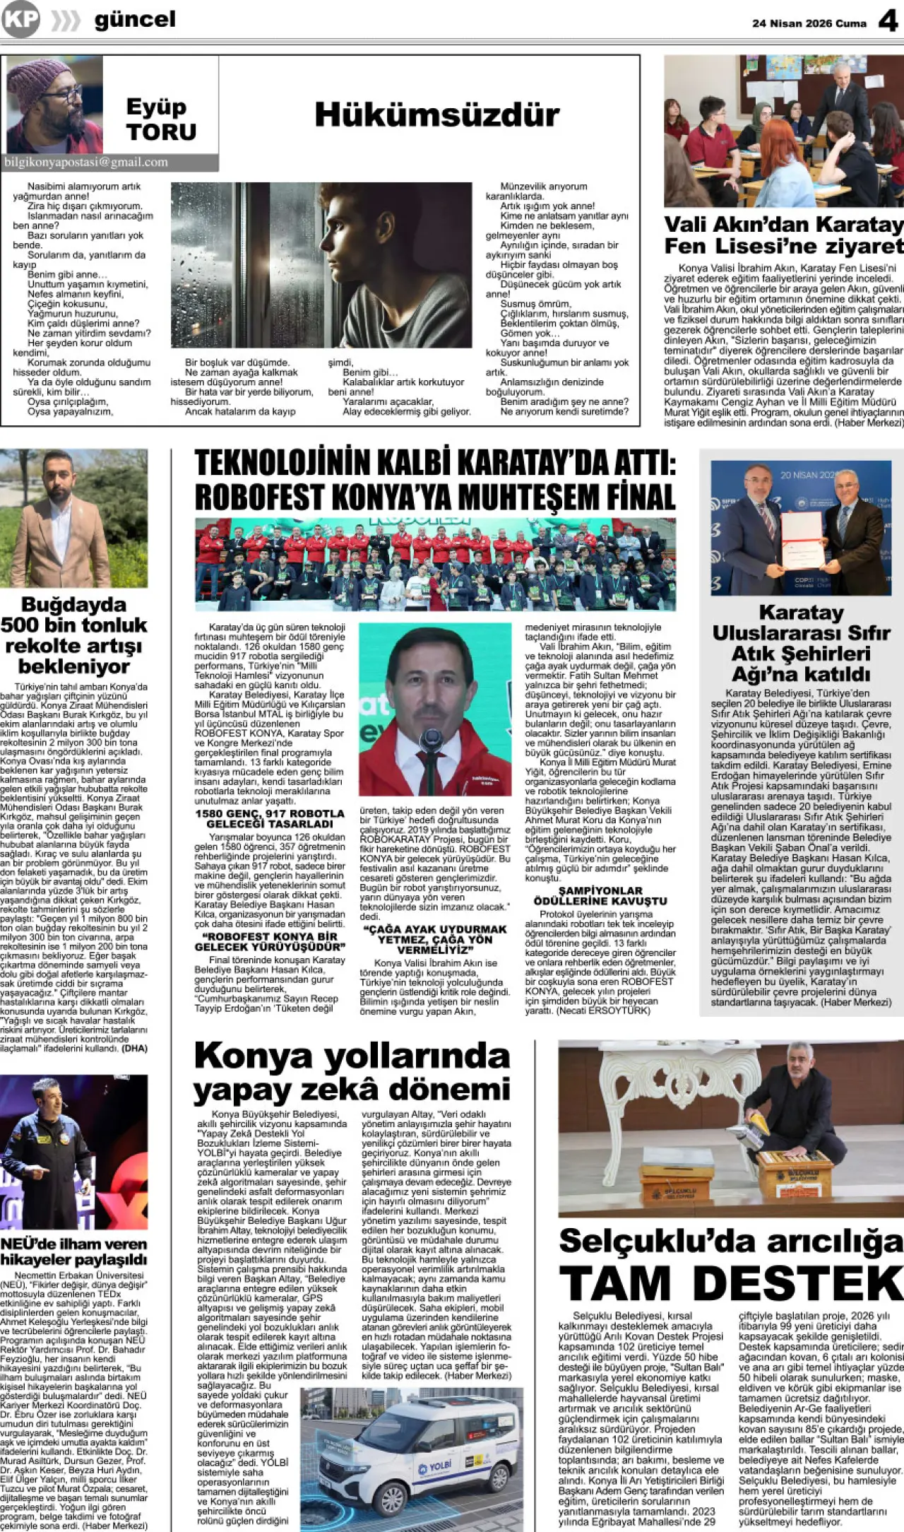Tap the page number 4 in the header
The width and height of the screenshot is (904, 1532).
[x=887, y=21]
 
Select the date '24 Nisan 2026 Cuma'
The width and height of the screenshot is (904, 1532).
[x=809, y=23]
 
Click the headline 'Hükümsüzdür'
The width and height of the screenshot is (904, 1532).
[x=436, y=114]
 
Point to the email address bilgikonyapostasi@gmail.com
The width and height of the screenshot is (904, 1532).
[x=86, y=163]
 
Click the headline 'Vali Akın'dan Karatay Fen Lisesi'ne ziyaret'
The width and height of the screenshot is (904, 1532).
[x=783, y=235]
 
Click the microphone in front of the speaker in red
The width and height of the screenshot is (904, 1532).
[x=430, y=742]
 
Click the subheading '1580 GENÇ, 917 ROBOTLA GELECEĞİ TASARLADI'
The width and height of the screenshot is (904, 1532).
[x=270, y=818]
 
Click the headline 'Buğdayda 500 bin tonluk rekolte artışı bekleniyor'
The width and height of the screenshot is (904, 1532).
[x=74, y=635]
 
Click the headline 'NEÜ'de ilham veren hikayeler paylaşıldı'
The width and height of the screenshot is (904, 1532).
[x=74, y=1251]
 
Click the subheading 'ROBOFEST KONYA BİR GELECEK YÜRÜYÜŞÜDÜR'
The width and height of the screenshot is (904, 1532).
[x=270, y=941]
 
